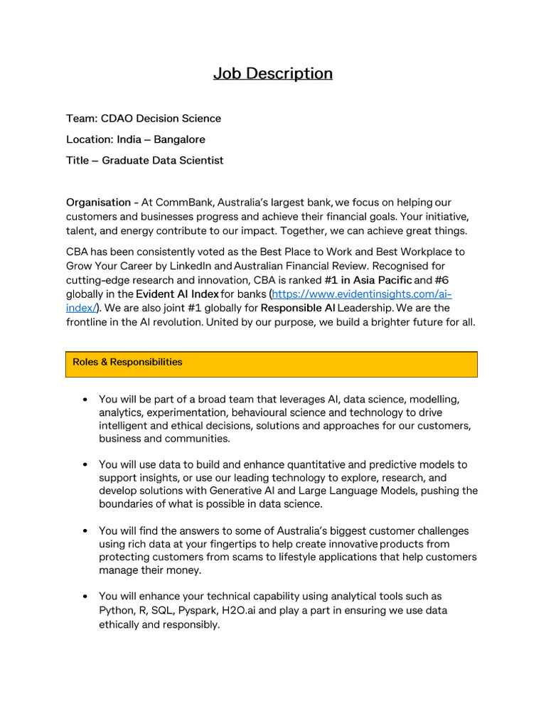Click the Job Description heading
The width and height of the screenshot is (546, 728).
pos(273,73)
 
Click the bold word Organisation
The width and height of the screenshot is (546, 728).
pos(98,203)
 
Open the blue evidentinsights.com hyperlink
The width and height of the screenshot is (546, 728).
pos(362,294)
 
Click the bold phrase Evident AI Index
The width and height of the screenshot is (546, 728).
pos(177,294)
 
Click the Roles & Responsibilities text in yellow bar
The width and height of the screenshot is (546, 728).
pos(127,362)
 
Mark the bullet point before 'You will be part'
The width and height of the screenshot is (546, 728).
pos(85,400)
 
